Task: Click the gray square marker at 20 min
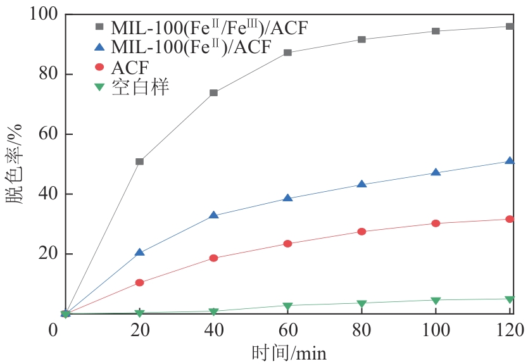tap(139, 161)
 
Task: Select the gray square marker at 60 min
tap(287, 53)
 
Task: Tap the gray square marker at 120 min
tap(510, 27)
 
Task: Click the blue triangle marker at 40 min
tap(213, 215)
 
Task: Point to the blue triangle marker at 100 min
tap(436, 172)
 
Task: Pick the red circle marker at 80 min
tap(361, 232)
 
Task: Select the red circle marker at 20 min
tap(139, 282)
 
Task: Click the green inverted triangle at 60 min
tap(287, 306)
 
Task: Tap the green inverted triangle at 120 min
tap(510, 299)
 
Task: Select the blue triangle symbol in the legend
tap(99, 46)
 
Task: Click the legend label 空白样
tap(140, 87)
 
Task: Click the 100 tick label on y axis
tap(39, 14)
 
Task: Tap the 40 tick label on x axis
tap(213, 330)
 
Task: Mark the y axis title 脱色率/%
tap(15, 163)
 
